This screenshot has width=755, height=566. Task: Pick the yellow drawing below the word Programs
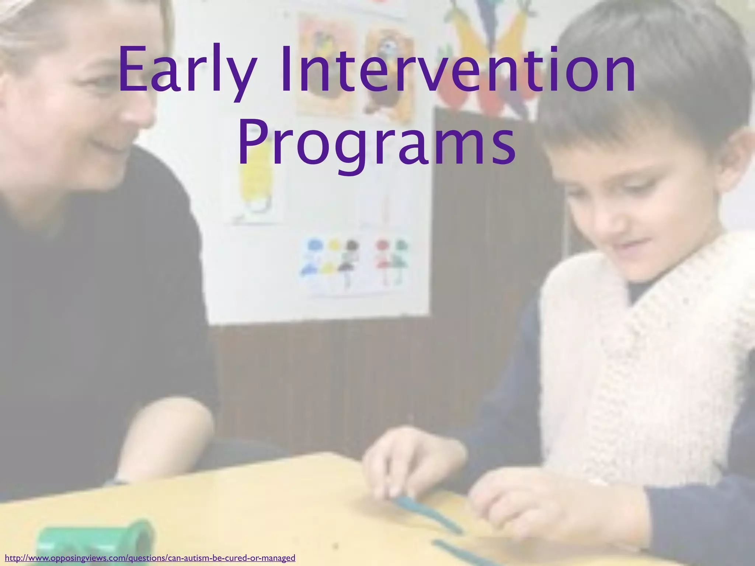point(258,192)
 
